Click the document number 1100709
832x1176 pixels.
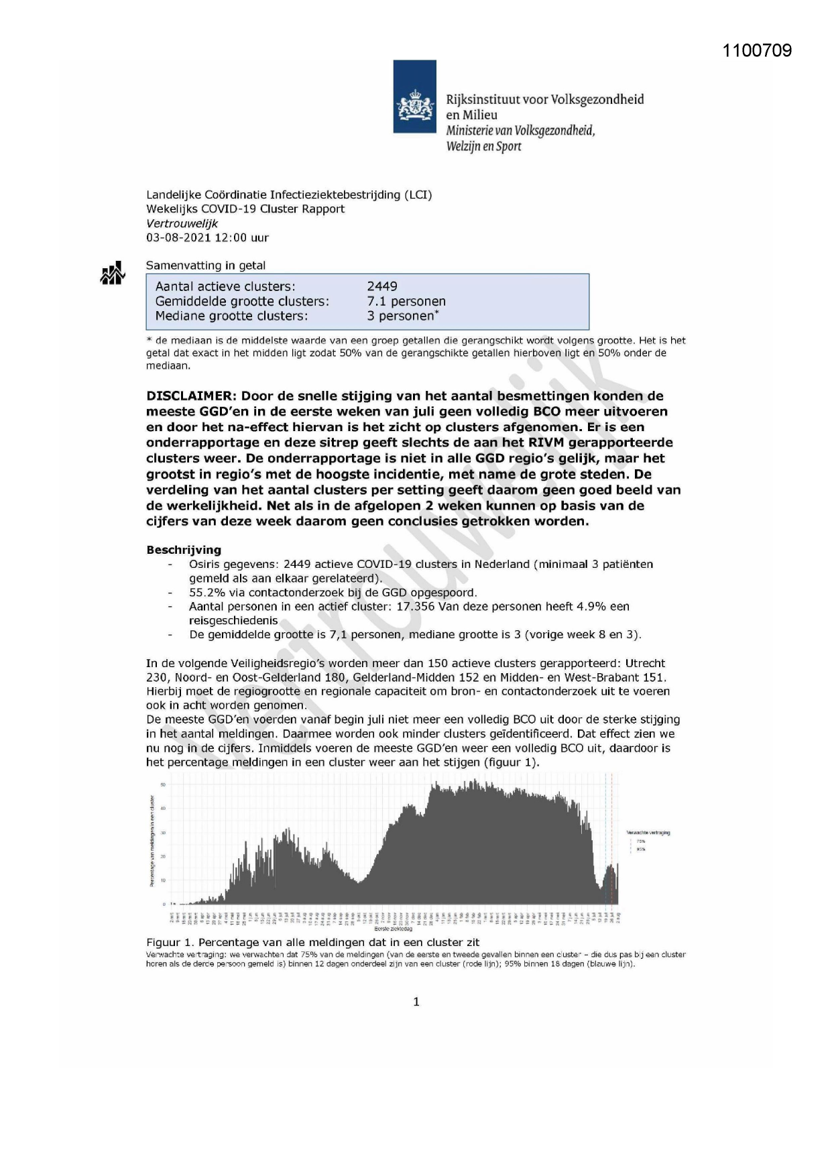(x=757, y=51)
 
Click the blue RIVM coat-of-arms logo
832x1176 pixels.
(x=414, y=97)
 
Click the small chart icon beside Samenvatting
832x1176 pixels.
(x=113, y=273)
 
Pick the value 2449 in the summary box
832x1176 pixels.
(x=382, y=286)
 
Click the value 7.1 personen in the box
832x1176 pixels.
(x=406, y=301)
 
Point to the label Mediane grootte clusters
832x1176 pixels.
(x=231, y=316)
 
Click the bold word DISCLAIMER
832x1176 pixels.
(x=189, y=396)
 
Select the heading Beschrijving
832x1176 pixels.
(x=183, y=550)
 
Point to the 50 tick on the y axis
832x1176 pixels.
(x=163, y=784)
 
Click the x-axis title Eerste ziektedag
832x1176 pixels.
(x=393, y=929)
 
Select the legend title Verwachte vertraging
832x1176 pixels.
(x=648, y=833)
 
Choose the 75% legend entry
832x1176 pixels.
(x=641, y=841)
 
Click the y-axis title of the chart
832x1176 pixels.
(x=152, y=841)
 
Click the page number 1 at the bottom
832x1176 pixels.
(x=416, y=1002)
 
